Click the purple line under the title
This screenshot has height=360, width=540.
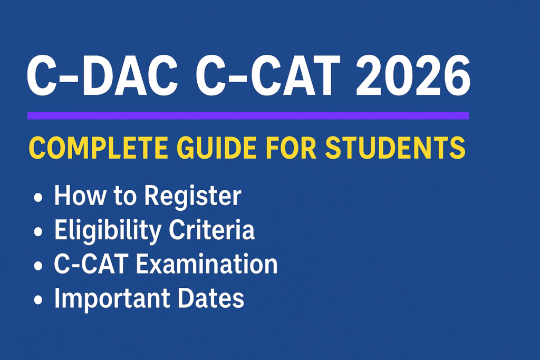point(248,115)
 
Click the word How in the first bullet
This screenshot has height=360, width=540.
point(77,196)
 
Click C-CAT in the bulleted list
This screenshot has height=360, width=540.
point(91,265)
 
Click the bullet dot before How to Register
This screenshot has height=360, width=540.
point(38,198)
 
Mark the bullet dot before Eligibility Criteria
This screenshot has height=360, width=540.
point(38,232)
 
